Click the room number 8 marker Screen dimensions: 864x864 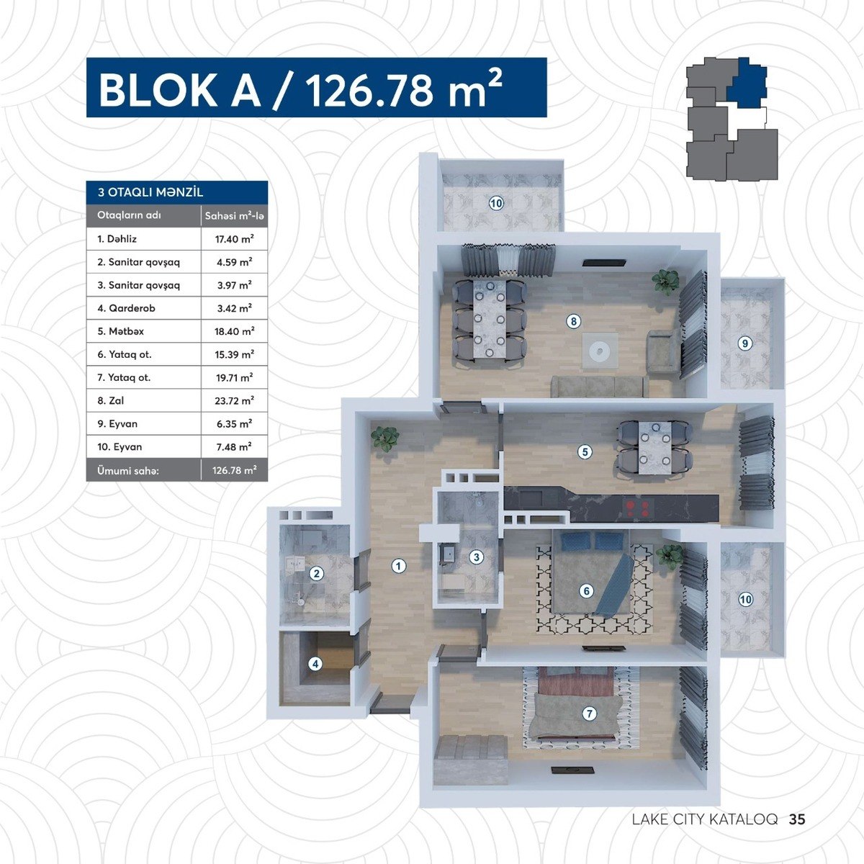point(573,321)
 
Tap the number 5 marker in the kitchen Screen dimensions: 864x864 point(585,452)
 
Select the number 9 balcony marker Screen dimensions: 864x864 point(744,343)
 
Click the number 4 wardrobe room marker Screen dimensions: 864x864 point(315,664)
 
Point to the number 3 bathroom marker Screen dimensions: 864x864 point(476,557)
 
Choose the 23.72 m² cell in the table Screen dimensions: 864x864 point(234,401)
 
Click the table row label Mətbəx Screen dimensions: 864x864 point(121,331)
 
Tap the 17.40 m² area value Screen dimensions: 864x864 point(234,239)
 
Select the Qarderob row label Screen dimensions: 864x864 point(127,308)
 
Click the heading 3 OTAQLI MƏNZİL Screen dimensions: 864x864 point(150,192)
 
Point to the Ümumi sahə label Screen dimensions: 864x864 point(128,471)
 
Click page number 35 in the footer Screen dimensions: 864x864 point(797,819)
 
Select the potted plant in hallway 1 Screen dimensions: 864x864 point(384,438)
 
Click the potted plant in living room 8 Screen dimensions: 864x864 point(666,282)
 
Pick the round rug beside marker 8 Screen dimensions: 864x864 point(600,351)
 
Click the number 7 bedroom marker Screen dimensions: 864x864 point(589,714)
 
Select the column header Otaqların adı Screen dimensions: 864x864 point(129,215)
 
